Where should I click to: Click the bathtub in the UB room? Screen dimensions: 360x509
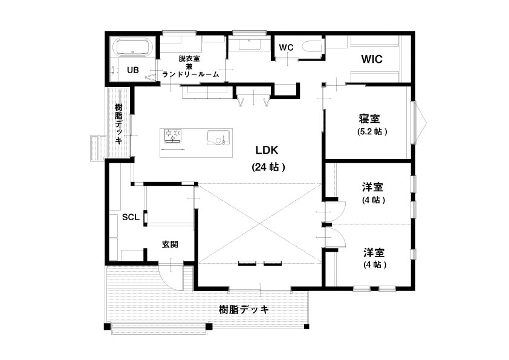click(134, 48)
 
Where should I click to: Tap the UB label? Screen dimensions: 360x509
click(133, 70)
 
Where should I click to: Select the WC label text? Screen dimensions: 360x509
click(286, 47)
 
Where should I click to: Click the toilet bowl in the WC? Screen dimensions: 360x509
click(312, 47)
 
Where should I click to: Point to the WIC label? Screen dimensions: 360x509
click(372, 59)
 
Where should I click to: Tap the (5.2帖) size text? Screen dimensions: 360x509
click(372, 131)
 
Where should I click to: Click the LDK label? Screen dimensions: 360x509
click(267, 151)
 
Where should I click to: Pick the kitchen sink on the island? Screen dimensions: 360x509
click(218, 138)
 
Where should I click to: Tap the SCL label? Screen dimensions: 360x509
click(131, 217)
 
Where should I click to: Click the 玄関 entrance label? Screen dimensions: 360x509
click(170, 244)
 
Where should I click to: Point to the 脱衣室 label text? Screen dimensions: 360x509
click(189, 59)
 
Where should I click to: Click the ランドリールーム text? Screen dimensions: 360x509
click(190, 74)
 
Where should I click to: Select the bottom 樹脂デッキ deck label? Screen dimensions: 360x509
click(244, 310)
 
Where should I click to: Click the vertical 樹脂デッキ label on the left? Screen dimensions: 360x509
click(118, 124)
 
